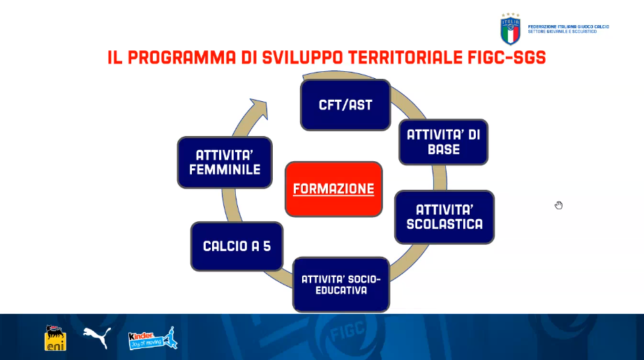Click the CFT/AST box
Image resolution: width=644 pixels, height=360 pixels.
(x=345, y=105)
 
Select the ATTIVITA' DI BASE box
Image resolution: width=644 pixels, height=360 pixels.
(x=444, y=142)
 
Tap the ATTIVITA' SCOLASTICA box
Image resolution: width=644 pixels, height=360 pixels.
(x=444, y=217)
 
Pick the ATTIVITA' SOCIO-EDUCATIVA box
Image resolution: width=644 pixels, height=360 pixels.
(x=341, y=285)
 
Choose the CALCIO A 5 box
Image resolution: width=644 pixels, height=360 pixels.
(x=237, y=246)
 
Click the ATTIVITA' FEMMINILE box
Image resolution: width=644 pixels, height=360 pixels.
(x=225, y=163)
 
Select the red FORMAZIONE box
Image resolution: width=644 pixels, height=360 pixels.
(x=334, y=189)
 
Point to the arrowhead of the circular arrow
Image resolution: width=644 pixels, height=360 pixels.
(x=260, y=108)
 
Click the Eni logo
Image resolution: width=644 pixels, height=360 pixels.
(x=55, y=338)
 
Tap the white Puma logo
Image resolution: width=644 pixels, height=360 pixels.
(x=98, y=338)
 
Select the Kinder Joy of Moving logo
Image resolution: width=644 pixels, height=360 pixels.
(x=153, y=338)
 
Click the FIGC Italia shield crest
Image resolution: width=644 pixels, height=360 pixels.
(x=511, y=29)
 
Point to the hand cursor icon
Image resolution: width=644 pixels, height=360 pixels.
(x=559, y=205)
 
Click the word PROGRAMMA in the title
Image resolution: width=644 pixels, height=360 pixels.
(x=182, y=57)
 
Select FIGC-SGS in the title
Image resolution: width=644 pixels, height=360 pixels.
(x=507, y=57)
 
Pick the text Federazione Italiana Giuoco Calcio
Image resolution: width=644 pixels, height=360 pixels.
(x=569, y=27)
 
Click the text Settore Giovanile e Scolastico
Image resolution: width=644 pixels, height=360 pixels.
(x=562, y=31)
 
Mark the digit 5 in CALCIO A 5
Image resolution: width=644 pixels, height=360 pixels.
(x=267, y=246)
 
